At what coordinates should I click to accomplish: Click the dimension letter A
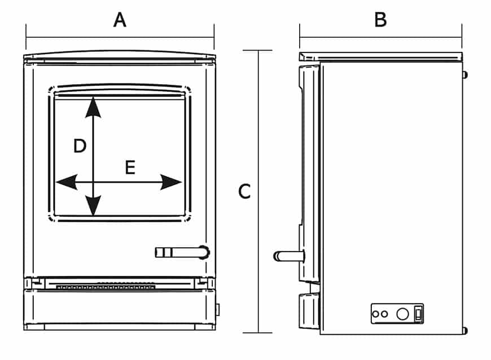click(x=120, y=20)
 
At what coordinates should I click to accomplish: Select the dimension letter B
click(x=380, y=20)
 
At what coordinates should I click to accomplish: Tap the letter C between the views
click(x=244, y=192)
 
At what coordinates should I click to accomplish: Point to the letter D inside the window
click(x=80, y=147)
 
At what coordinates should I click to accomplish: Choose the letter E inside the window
click(x=130, y=168)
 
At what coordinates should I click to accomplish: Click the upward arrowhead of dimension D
click(x=93, y=107)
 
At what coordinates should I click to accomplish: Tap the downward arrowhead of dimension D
click(x=93, y=205)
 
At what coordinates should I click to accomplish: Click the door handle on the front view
click(x=182, y=252)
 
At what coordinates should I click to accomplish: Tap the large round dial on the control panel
click(x=402, y=314)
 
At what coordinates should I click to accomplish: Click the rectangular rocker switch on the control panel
click(x=418, y=313)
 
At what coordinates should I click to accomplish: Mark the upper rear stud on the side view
click(x=464, y=74)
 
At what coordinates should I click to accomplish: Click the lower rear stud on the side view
click(x=464, y=330)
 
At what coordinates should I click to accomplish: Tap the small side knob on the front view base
click(x=218, y=309)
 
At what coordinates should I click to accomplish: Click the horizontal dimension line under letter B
click(x=380, y=38)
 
